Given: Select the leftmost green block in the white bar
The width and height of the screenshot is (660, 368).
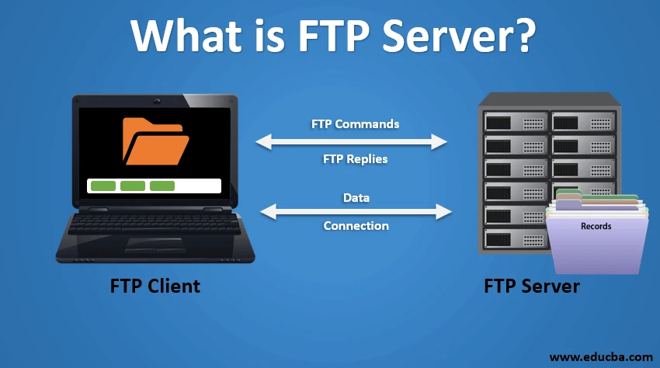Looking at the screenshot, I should pos(102,186).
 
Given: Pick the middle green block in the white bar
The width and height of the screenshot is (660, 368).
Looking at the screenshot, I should pos(132,186).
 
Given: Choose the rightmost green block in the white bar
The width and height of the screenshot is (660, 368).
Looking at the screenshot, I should pos(162,186).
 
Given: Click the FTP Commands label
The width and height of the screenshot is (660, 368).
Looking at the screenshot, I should pos(355,124).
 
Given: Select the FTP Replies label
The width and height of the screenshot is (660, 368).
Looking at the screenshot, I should pos(355,159).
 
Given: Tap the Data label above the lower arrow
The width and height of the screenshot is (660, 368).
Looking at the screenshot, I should pos(356,198).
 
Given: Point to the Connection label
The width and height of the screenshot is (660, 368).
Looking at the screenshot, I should pos(356,226).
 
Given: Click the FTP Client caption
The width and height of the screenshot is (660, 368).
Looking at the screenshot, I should pos(155,286).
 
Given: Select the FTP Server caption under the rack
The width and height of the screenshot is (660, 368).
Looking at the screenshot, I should pos(531,286).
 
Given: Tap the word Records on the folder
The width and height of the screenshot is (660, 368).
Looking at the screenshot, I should pos(596,227).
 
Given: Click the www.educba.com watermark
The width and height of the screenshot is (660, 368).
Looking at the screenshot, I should pos(600,356).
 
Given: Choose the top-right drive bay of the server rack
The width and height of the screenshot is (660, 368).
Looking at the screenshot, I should pos(582,121).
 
